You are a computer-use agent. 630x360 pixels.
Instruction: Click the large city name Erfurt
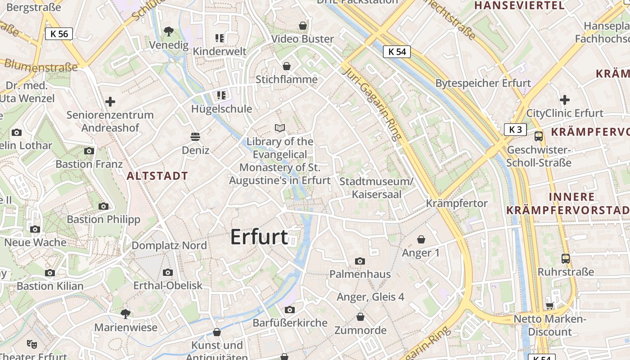click(x=259, y=237)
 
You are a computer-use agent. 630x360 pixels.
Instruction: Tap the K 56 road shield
click(x=59, y=34)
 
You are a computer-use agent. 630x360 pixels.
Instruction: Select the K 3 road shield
click(x=515, y=130)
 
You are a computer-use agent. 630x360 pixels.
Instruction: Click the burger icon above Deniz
click(x=195, y=136)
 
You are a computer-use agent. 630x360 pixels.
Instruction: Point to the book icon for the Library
click(x=280, y=128)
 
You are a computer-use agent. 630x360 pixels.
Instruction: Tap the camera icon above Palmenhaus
click(x=360, y=261)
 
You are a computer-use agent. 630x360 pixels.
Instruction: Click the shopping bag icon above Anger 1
click(x=421, y=239)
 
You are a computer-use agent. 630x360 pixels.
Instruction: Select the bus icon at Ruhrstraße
click(x=566, y=259)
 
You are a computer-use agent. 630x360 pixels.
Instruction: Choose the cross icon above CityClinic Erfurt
click(x=565, y=100)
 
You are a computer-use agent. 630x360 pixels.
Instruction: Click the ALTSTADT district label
click(x=157, y=176)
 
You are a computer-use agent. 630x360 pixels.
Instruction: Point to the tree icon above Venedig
click(x=169, y=31)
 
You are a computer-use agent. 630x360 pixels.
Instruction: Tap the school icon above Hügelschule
click(x=221, y=95)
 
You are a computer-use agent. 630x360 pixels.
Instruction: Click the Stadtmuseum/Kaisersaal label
click(x=376, y=188)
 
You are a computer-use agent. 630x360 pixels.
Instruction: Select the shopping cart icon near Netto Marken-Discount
click(x=549, y=306)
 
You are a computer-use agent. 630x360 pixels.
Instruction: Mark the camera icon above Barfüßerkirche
click(x=290, y=310)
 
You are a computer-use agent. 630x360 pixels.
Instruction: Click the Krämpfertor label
click(x=457, y=203)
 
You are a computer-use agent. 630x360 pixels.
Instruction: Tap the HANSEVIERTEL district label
click(x=519, y=5)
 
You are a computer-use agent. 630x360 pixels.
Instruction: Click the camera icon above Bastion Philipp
click(x=103, y=207)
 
